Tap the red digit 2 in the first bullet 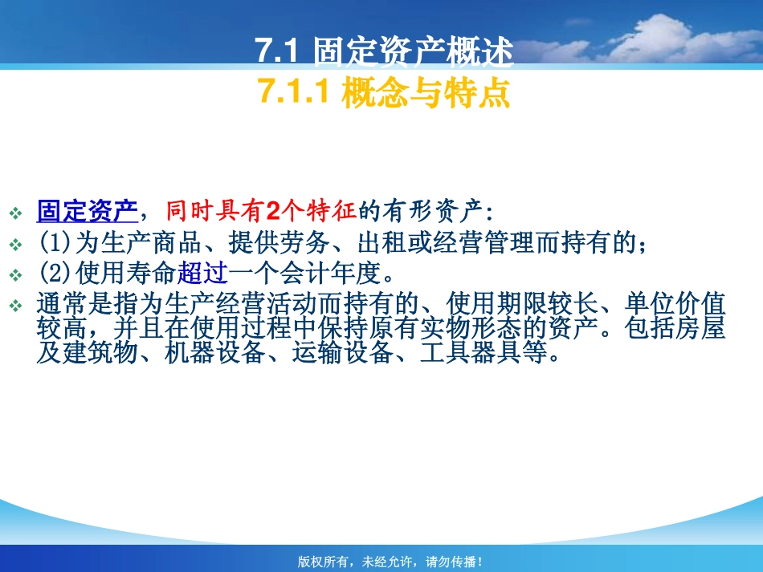click(x=271, y=212)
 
